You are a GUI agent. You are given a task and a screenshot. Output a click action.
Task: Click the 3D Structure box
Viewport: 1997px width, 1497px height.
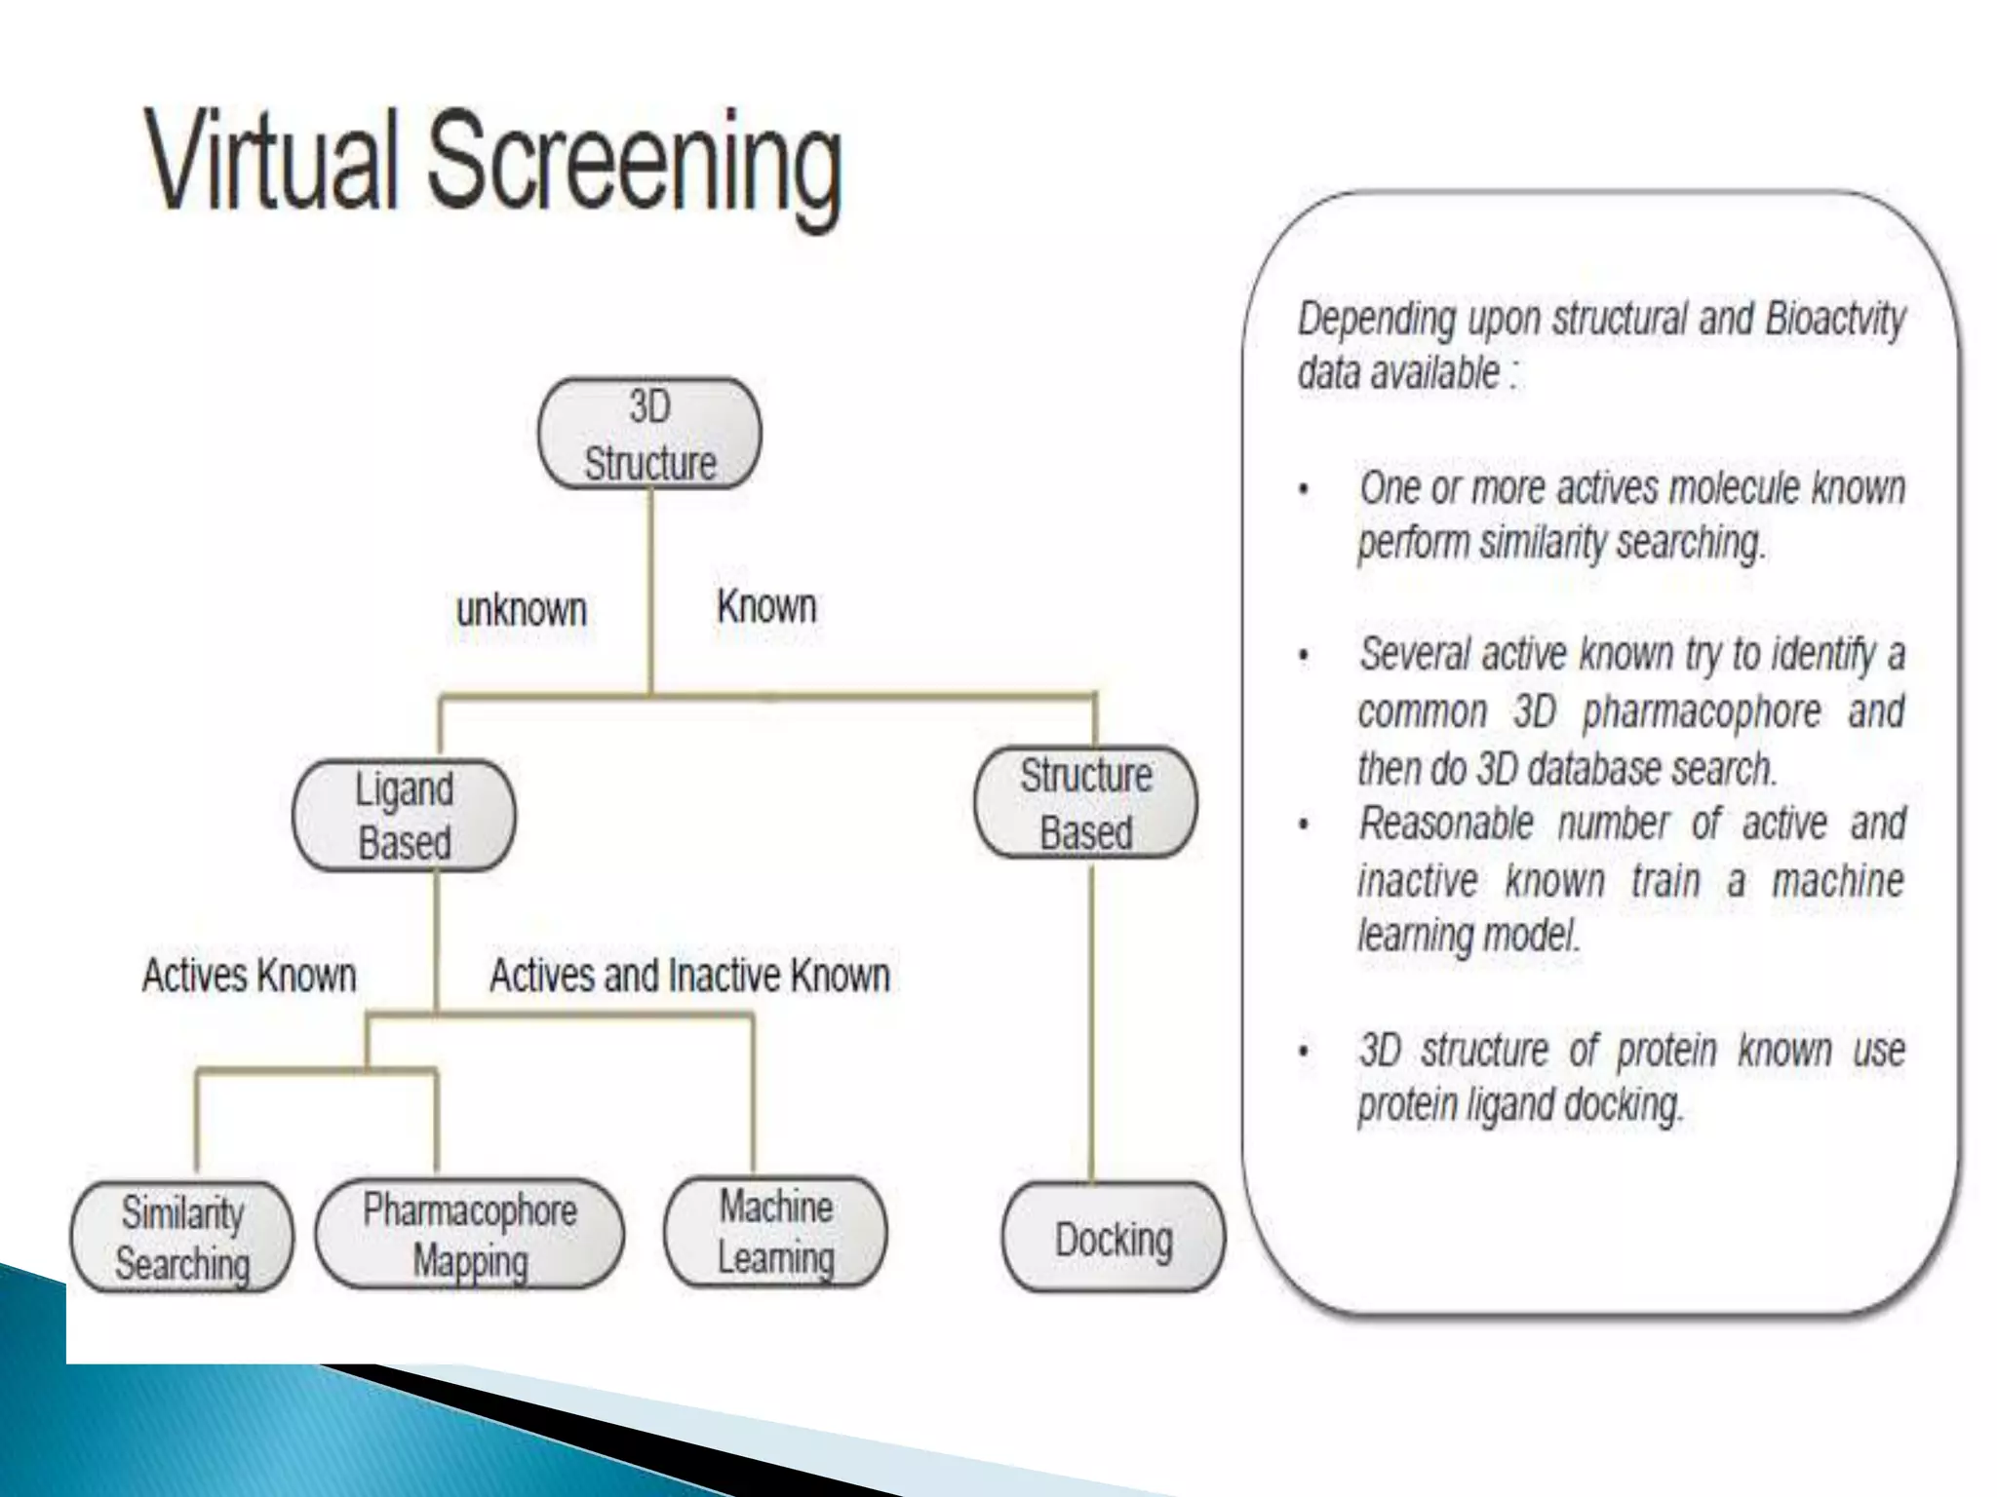tap(649, 434)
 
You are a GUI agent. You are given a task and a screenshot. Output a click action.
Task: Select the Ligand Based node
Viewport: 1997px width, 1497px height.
tap(404, 816)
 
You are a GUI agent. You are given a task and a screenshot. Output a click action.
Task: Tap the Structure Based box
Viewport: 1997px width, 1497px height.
tap(1085, 804)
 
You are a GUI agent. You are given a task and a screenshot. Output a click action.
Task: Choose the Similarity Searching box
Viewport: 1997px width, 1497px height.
tap(182, 1238)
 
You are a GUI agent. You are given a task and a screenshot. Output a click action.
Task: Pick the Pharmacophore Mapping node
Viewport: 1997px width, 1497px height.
tap(469, 1235)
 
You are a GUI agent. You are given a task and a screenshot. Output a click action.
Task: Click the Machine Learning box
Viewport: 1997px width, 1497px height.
tap(775, 1233)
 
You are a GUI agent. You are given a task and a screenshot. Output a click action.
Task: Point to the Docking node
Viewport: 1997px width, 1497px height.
tap(1113, 1239)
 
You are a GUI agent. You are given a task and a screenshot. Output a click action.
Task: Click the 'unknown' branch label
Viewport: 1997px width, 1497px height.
tap(522, 610)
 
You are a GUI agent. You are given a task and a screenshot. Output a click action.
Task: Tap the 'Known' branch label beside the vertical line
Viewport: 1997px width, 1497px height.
tap(766, 606)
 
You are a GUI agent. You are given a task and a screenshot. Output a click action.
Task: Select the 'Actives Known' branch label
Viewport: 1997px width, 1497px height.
tap(250, 975)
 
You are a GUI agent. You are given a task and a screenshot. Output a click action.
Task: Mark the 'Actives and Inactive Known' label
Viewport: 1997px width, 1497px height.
tap(689, 975)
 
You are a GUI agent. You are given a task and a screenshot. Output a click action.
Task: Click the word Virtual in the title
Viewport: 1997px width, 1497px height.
tap(273, 161)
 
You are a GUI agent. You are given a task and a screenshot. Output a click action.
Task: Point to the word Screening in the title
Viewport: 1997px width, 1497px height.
tap(634, 166)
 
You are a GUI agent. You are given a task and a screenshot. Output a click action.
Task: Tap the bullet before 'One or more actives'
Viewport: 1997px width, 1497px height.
tap(1304, 489)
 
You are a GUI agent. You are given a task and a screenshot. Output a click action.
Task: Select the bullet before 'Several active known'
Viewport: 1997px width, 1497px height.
tap(1304, 656)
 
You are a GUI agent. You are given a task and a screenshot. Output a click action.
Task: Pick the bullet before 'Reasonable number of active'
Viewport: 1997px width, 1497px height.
tap(1304, 825)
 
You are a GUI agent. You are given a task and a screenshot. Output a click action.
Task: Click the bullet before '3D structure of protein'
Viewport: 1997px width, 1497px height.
tap(1304, 1052)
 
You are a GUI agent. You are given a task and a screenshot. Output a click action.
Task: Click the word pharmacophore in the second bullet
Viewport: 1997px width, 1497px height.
tap(1701, 711)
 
